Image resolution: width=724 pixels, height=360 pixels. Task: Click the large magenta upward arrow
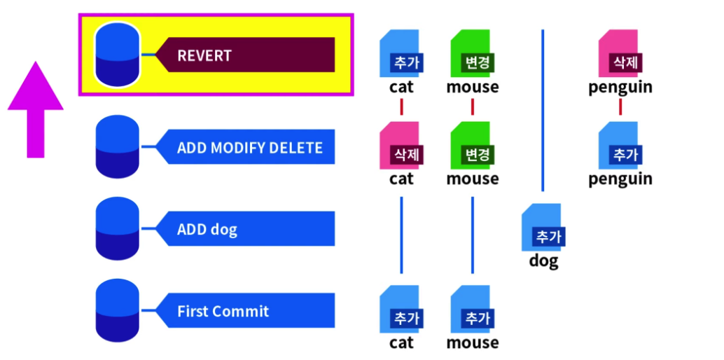[36, 109]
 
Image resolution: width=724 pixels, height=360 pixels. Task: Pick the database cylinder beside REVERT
[117, 55]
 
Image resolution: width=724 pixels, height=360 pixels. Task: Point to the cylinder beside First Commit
[117, 310]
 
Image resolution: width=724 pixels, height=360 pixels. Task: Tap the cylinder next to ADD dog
[117, 229]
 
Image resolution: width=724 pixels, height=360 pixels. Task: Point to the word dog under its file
[543, 261]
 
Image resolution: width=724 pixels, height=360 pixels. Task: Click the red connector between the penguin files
[620, 106]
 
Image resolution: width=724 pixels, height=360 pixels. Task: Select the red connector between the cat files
[402, 106]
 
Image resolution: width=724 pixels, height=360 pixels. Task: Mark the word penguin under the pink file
[620, 88]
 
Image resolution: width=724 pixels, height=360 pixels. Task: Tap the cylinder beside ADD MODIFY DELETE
[117, 147]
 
